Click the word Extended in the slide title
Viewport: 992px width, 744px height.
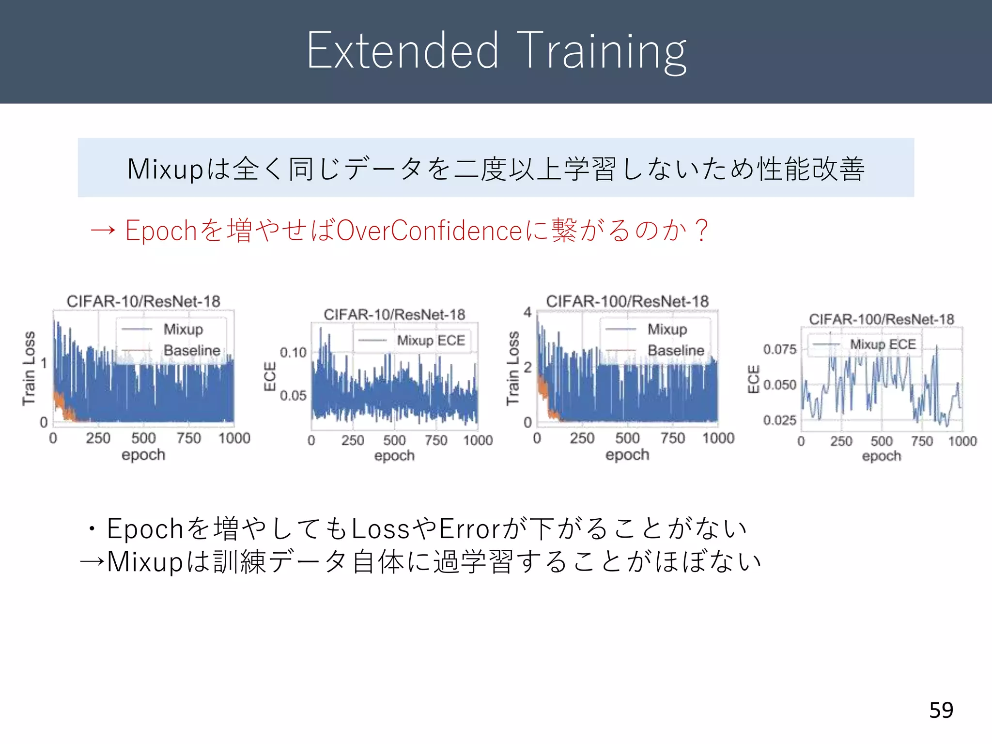coord(402,51)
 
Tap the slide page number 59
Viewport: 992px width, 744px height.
coord(941,710)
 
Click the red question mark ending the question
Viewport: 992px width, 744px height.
coord(700,230)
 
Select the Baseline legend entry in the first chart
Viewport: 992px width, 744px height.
coord(192,350)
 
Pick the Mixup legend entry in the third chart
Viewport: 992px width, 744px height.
coord(667,329)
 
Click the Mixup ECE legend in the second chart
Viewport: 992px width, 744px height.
coord(431,341)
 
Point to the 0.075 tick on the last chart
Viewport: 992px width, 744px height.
coord(779,349)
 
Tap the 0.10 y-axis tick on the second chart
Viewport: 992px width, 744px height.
coord(293,353)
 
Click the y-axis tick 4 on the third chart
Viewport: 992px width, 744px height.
coord(527,312)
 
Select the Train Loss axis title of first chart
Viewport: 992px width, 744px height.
coord(29,368)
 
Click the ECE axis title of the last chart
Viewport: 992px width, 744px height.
coord(753,379)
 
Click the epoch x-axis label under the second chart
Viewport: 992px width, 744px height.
coord(394,456)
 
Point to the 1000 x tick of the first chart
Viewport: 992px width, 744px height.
coord(234,438)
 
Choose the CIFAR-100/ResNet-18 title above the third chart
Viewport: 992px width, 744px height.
coord(627,301)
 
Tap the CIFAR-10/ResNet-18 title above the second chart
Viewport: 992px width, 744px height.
coord(394,315)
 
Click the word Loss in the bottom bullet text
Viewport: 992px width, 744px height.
coord(380,528)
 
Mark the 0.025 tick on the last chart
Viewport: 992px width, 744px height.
coord(779,420)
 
